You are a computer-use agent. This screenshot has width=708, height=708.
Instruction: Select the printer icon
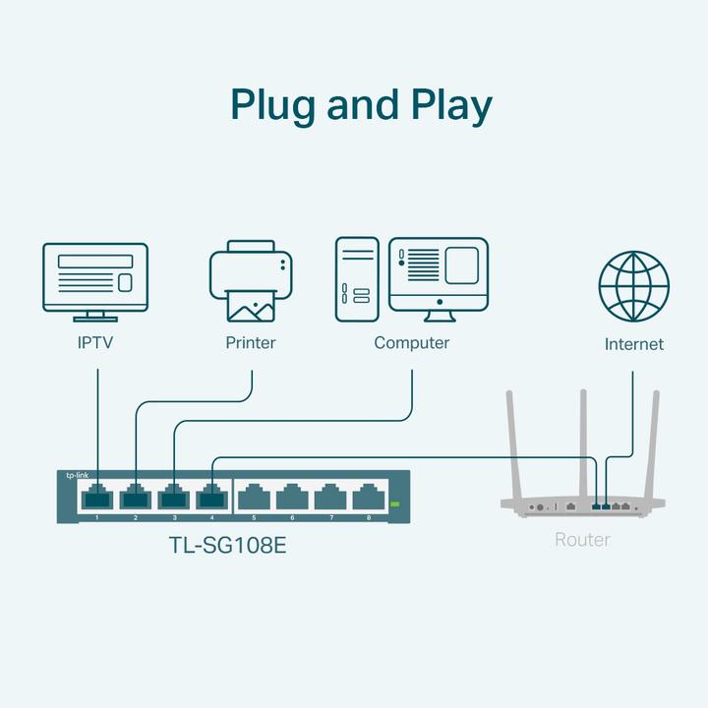pos(251,281)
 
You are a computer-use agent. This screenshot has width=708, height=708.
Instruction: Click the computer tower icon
pos(357,278)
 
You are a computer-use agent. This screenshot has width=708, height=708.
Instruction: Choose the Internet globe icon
pos(633,286)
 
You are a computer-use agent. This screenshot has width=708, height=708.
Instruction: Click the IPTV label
pos(96,343)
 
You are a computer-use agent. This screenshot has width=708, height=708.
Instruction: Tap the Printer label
pos(251,343)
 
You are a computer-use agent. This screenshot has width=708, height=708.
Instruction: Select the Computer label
pos(411,343)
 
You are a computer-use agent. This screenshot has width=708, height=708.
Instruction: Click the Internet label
pos(633,344)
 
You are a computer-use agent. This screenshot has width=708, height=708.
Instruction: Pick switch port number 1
pos(97,498)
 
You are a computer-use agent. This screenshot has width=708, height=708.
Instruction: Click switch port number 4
pos(212,498)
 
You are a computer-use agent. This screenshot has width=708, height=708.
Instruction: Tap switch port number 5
pos(254,498)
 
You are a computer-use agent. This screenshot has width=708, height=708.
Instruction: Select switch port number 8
pos(369,498)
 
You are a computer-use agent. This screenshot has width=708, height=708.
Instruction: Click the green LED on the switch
pos(395,504)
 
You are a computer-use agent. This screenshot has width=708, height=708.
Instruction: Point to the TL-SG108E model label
pos(227,545)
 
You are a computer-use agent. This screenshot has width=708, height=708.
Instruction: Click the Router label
pos(582,540)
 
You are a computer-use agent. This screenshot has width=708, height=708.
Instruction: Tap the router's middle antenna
pos(583,442)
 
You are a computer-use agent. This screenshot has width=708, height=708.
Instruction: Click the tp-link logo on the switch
pos(77,475)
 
